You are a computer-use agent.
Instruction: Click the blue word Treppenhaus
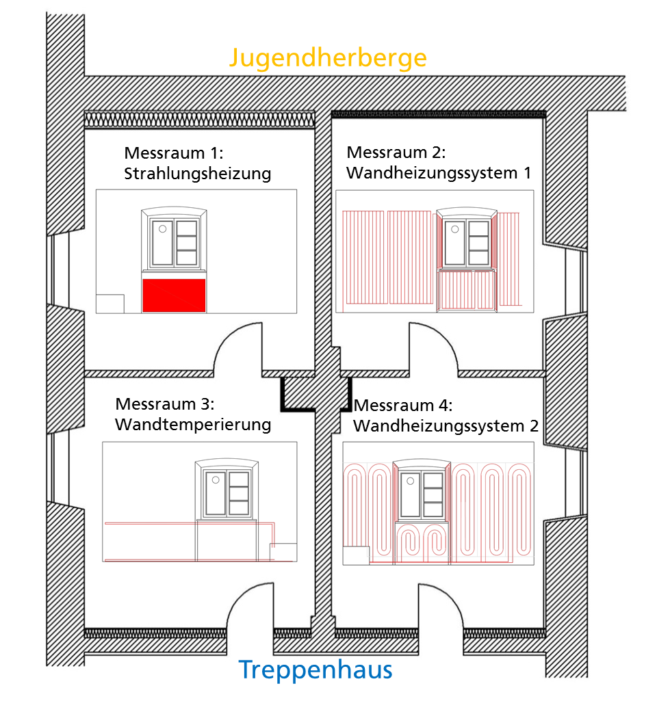coord(315,670)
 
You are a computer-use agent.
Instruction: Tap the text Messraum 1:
coord(174,153)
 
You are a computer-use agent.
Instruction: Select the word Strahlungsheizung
coord(197,174)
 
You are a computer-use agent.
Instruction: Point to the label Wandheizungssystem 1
coord(439,173)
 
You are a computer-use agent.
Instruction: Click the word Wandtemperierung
coord(193,425)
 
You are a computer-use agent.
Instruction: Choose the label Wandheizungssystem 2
coord(446,426)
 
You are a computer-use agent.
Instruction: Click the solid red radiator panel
coord(174,295)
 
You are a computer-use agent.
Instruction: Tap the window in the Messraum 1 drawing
coord(174,238)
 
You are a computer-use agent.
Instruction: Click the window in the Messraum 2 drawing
coord(467,238)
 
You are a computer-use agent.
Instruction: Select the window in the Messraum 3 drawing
coord(227,489)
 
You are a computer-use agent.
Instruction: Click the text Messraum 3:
coord(164,404)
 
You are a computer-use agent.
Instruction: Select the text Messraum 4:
coord(403,406)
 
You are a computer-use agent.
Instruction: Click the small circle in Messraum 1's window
coord(162,229)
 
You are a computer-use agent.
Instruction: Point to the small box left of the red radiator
coord(110,304)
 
